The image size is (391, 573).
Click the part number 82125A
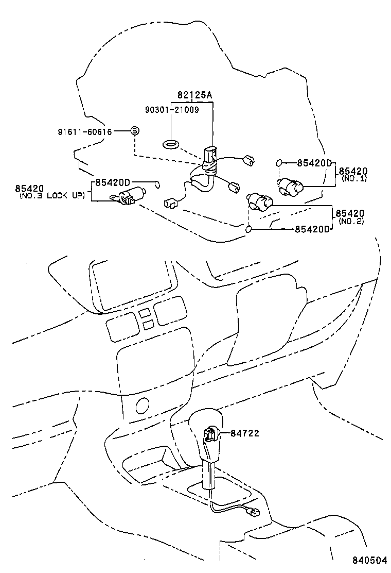click(x=194, y=95)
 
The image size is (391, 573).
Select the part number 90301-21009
click(x=172, y=109)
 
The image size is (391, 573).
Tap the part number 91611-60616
click(x=85, y=131)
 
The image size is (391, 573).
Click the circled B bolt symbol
click(x=134, y=131)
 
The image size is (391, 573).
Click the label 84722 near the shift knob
click(x=245, y=433)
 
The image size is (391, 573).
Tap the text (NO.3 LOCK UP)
click(x=52, y=196)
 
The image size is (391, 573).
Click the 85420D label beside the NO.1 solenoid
click(x=315, y=163)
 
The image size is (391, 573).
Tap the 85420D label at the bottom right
click(x=312, y=229)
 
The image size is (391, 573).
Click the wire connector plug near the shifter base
click(x=252, y=513)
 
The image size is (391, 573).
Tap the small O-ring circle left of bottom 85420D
click(x=248, y=229)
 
